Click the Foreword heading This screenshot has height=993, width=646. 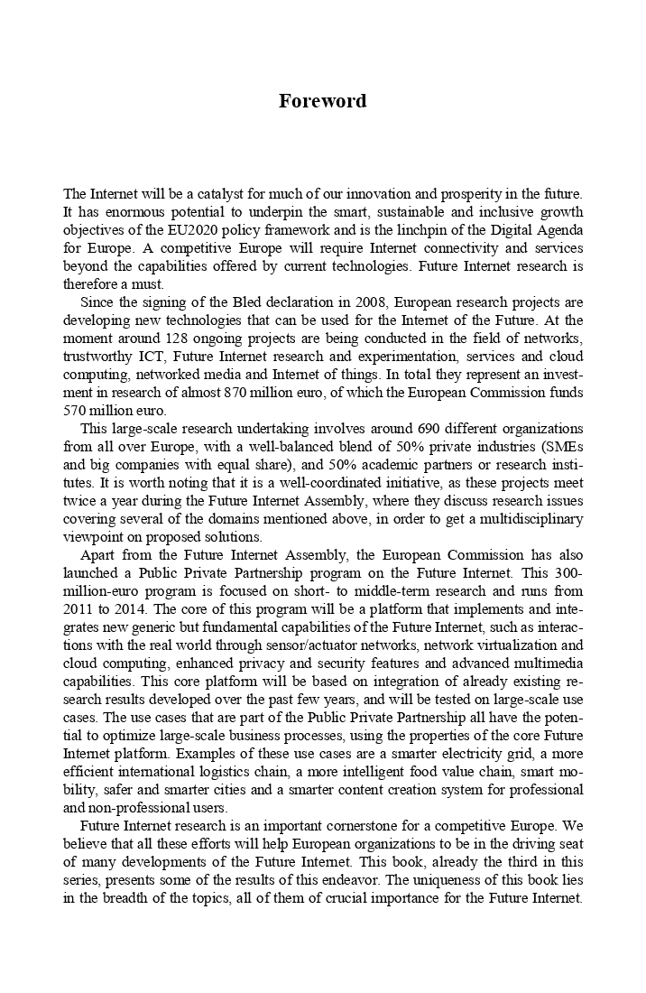tap(323, 100)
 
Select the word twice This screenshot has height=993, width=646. tap(79, 502)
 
